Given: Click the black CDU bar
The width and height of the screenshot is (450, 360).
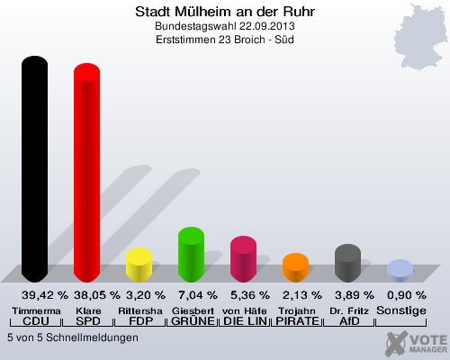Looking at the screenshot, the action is tap(34, 169).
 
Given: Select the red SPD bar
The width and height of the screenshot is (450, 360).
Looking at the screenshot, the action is tap(86, 173).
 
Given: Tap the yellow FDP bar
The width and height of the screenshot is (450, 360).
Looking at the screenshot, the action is tap(139, 265).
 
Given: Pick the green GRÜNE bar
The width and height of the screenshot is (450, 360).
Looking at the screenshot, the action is tap(191, 255).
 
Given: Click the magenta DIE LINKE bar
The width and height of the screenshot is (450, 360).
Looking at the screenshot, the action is tap(243, 259).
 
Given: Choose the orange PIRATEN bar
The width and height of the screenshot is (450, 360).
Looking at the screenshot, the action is tap(295, 267).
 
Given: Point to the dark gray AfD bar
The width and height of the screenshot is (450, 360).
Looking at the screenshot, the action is tap(347, 263).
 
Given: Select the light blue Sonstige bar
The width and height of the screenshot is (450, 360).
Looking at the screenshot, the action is tap(400, 271).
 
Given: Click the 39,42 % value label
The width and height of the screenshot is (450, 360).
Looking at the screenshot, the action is tap(45, 295).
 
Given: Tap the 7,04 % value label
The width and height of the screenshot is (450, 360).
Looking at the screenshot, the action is tap(198, 295).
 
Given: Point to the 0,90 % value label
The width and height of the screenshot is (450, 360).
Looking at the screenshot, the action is tap(407, 295).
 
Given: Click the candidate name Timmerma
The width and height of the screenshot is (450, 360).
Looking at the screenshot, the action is tap(36, 310).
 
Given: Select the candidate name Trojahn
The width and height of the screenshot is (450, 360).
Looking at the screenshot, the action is tap(297, 310).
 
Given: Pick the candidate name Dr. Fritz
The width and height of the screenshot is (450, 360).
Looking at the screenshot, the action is tap(349, 310).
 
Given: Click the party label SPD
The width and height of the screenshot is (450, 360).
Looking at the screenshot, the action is tap(88, 321).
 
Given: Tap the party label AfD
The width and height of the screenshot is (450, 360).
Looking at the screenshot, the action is tap(349, 321).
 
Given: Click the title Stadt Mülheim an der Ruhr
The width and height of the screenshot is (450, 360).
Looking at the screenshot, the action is tap(225, 12).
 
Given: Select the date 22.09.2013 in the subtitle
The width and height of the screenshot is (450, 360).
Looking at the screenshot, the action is tap(267, 26).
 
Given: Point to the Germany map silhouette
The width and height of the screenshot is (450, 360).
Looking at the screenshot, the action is tap(420, 38).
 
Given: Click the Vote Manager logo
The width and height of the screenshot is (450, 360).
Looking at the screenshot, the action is tap(417, 344).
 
